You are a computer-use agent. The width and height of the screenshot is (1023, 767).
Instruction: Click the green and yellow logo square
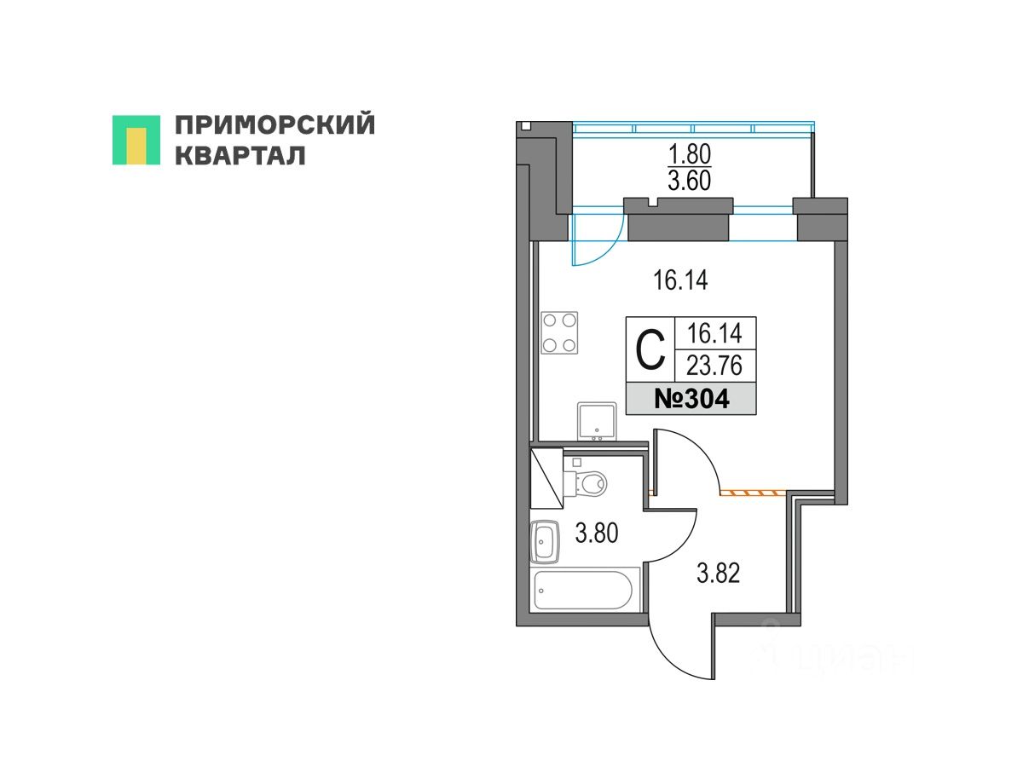tap(136, 140)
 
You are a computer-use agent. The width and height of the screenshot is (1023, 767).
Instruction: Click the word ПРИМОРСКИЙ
tap(275, 125)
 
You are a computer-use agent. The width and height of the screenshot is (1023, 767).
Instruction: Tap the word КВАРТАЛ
tap(240, 156)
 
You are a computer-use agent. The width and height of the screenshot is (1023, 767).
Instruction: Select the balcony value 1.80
tap(688, 154)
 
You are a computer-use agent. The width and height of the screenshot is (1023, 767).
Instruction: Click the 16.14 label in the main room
tap(680, 280)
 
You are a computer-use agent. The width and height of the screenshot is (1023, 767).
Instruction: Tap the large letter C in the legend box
tap(650, 350)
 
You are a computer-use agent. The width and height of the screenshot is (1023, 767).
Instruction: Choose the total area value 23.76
tap(714, 366)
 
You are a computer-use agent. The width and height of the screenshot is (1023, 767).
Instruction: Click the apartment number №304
tap(691, 399)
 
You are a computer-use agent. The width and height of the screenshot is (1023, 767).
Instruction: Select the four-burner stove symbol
tap(558, 332)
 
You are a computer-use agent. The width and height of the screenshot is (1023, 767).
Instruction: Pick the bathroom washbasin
tap(546, 541)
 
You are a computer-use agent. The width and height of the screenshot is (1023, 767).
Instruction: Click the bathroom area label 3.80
tap(596, 535)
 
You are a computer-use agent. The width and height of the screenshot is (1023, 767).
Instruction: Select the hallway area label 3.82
tap(718, 574)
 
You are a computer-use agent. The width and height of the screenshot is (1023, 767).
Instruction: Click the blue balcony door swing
tap(595, 240)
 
